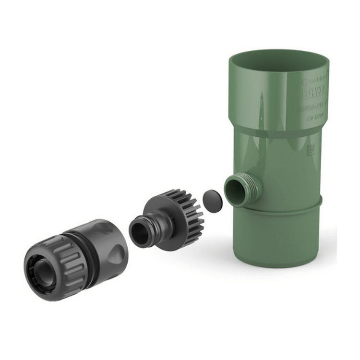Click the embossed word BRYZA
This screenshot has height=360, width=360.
point(314,92)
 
